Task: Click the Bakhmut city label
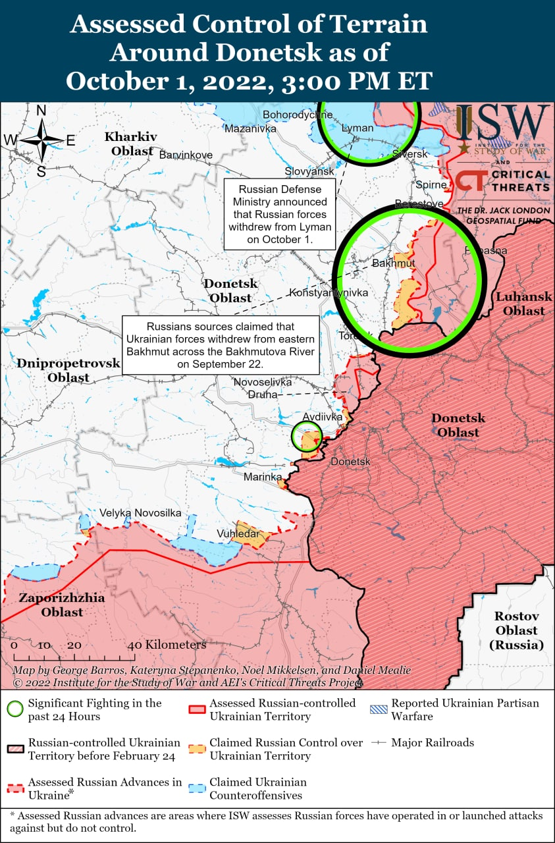pos(394,263)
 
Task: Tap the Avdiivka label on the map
pos(323,418)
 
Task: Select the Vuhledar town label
pos(238,533)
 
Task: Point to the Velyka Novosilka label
pos(140,513)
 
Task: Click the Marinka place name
pos(263,476)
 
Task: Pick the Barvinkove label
pos(186,155)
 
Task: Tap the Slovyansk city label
pos(309,171)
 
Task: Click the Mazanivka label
pos(250,128)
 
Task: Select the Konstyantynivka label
pos(329,292)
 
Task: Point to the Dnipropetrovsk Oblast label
pos(68,370)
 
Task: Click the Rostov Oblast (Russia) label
pos(517,630)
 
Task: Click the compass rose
pos(41,140)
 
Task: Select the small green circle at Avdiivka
pos(307,435)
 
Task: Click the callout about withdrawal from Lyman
pos(278,213)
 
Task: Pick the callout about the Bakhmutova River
pos(221,344)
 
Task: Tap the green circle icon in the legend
pos(15,709)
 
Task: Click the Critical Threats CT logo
pos(472,180)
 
